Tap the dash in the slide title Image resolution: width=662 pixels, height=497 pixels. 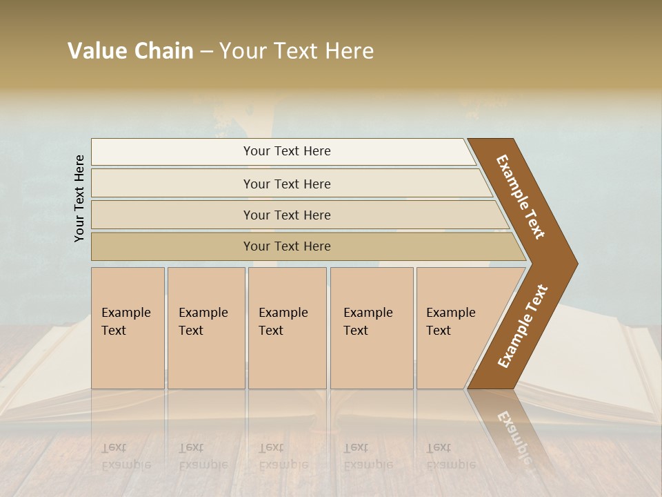coord(206,52)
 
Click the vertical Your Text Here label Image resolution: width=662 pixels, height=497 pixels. coord(79,198)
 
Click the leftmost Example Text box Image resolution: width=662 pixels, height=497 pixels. coord(128,328)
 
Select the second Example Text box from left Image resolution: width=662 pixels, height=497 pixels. coord(205,328)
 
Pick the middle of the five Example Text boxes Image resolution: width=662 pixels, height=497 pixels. coord(287,328)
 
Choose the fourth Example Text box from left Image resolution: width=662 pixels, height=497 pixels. coord(372,328)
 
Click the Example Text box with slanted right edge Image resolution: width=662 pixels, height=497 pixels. coord(455,328)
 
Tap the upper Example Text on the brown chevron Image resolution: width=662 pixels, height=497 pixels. coord(521,197)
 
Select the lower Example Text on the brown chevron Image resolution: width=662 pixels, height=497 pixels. coord(522,327)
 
